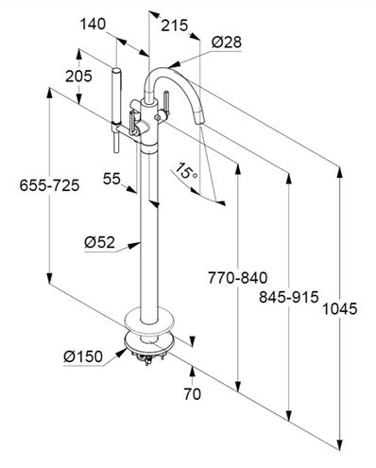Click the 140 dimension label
[93, 24]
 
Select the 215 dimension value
[174, 26]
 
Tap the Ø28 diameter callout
[227, 43]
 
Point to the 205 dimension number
[78, 76]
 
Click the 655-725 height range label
[49, 185]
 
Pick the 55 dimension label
[111, 179]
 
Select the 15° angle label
[186, 170]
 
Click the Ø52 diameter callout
[99, 242]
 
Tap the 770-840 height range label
[238, 278]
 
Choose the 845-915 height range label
[289, 297]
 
